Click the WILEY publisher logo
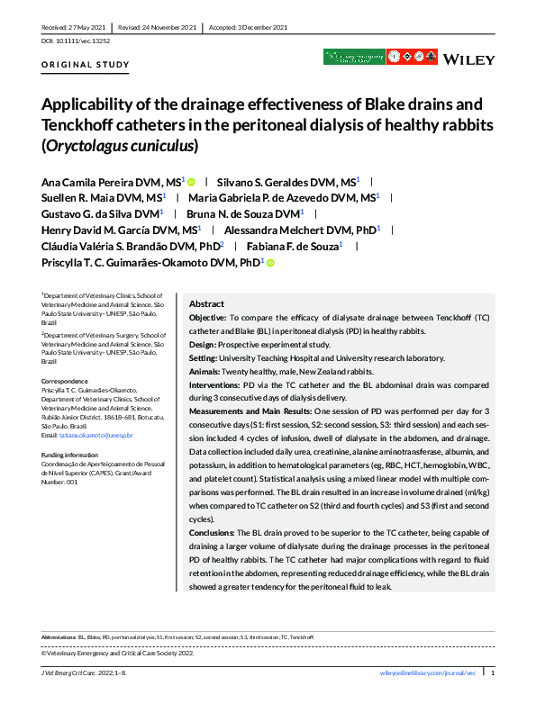click(469, 59)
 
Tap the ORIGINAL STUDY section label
click(86, 65)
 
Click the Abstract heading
click(206, 304)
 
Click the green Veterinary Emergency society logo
click(353, 58)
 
